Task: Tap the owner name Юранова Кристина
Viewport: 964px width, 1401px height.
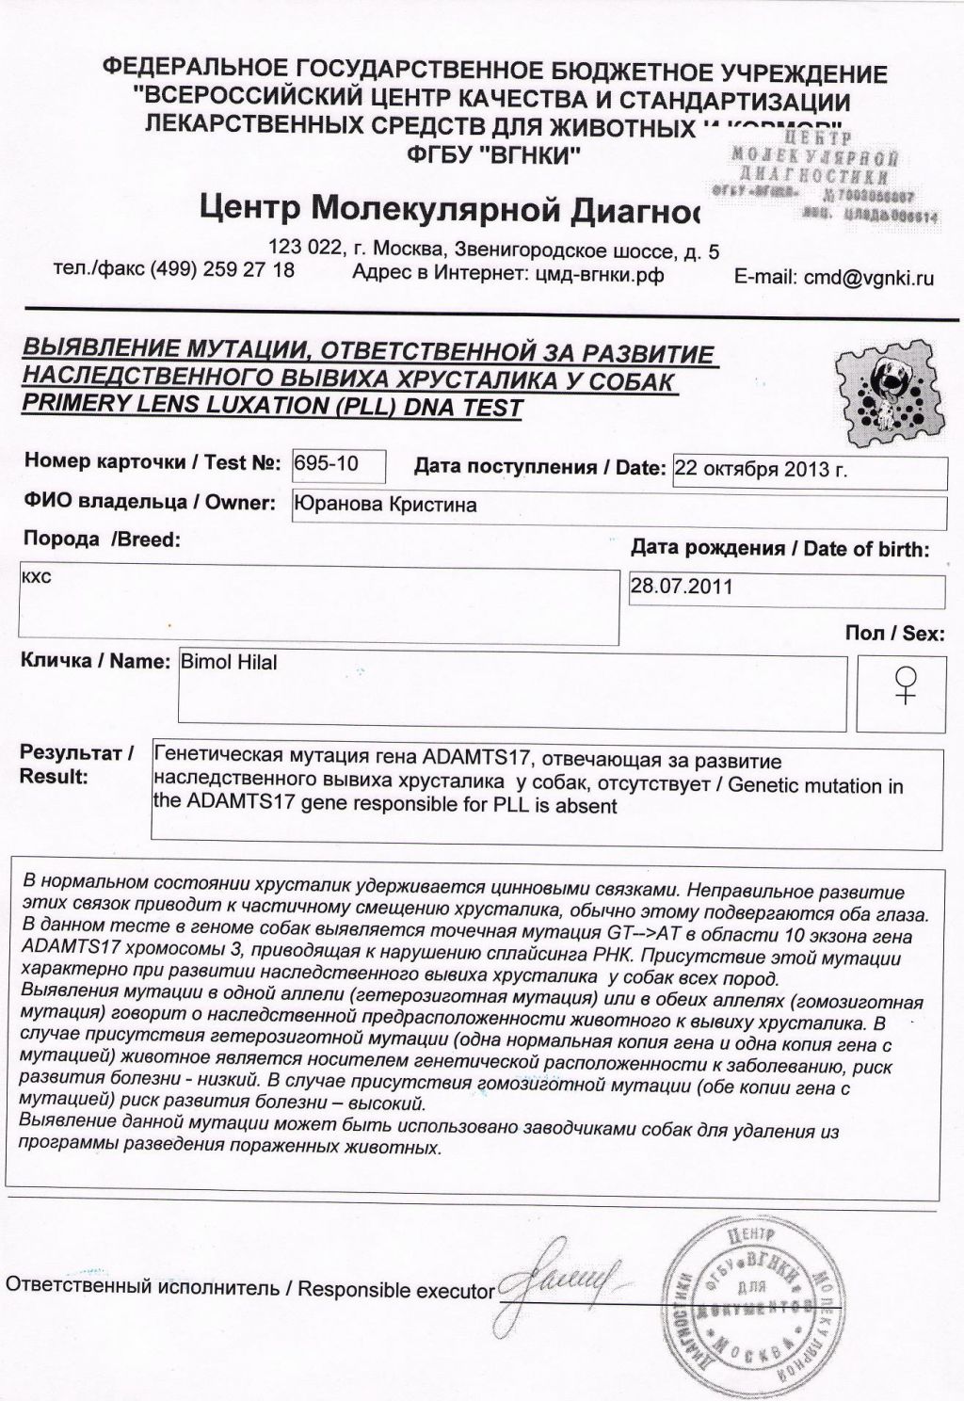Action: click(x=385, y=505)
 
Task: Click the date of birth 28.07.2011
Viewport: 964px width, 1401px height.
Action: click(x=682, y=587)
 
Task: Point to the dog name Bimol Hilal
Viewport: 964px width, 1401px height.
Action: click(x=229, y=663)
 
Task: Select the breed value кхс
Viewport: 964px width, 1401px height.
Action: click(x=37, y=575)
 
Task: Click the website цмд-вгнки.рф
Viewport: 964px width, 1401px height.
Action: click(x=599, y=274)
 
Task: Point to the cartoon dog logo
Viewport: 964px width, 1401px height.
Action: click(x=886, y=385)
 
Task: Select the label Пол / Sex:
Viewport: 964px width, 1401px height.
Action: click(x=893, y=634)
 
